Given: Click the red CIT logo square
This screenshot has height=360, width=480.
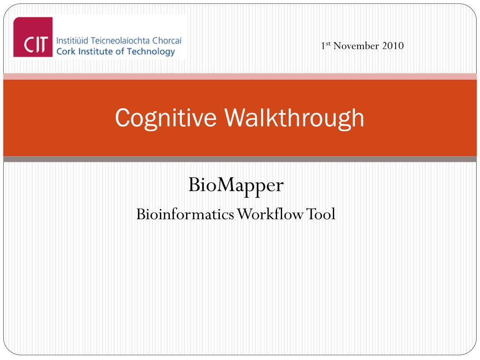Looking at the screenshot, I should [33, 37].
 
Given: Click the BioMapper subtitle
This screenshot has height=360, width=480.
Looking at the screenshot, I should [236, 186].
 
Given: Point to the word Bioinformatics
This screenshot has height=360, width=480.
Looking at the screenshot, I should [185, 214].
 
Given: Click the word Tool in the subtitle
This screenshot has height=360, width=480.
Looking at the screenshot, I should [322, 214].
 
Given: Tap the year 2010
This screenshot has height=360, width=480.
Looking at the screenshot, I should [394, 46].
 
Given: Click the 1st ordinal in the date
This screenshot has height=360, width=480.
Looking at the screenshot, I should [326, 45].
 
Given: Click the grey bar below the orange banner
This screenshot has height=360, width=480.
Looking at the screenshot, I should [240, 159].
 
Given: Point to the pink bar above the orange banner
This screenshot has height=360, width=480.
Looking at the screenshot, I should [240, 76].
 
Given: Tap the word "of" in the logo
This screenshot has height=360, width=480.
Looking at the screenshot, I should [117, 51].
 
